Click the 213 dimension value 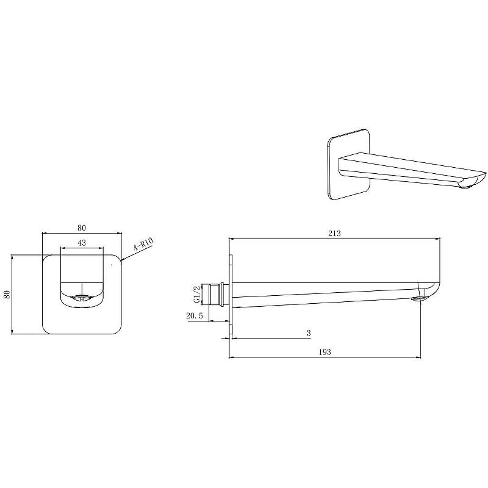pos(334,234)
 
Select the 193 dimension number pos(325,352)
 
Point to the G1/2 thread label pos(196,295)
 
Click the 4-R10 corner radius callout pos(143,243)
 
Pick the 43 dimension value pos(82,243)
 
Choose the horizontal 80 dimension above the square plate pos(82,228)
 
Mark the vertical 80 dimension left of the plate pos(7,295)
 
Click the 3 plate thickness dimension pos(309,333)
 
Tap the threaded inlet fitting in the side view pos(217,295)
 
